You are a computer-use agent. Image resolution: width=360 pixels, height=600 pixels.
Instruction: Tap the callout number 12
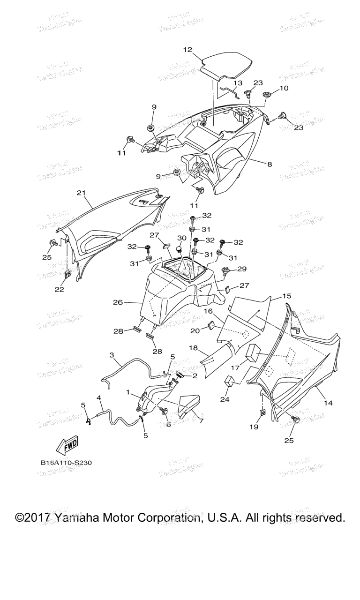(x=187, y=49)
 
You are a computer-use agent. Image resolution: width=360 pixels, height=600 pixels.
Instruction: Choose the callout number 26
(x=118, y=302)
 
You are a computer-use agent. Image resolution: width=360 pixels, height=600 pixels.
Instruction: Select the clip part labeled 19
(x=263, y=413)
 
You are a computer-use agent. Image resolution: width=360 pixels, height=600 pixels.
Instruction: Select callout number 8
(x=270, y=164)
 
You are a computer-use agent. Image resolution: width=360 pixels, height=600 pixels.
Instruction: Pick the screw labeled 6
(x=165, y=411)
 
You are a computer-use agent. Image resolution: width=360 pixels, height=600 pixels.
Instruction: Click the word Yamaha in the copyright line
(x=80, y=518)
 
